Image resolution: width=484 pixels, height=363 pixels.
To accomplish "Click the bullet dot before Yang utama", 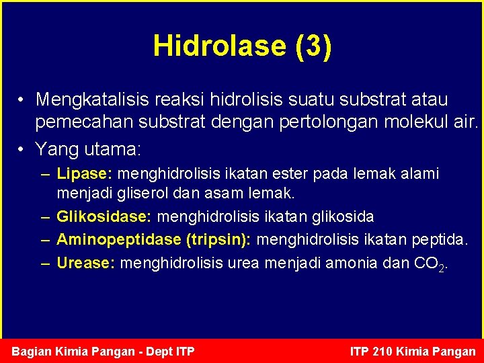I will click(22, 147).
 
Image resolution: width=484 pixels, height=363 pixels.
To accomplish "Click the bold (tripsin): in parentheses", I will click(218, 240).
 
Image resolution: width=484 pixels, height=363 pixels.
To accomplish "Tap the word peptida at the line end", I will click(442, 240).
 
